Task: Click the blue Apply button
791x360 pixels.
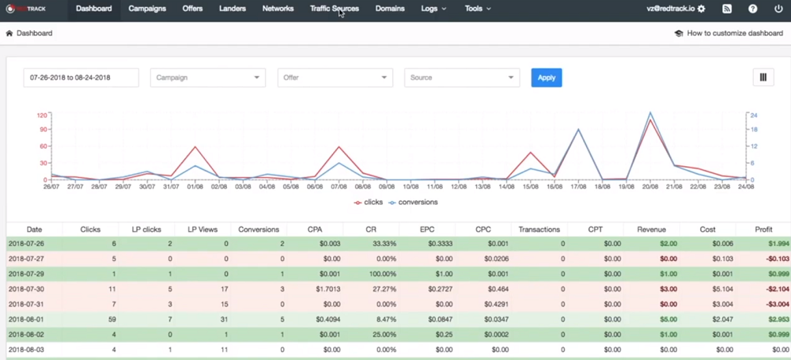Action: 547,78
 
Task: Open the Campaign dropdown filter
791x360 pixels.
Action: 207,78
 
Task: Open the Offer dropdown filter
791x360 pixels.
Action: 335,78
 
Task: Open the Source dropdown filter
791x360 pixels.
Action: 461,78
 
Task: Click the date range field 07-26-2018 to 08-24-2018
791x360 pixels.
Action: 81,78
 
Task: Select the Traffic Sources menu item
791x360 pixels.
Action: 334,9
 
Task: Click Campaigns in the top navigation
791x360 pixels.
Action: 147,9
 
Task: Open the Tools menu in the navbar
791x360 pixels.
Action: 478,9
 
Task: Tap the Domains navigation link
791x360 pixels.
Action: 390,9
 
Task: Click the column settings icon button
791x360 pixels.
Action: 763,78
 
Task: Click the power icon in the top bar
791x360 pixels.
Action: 778,9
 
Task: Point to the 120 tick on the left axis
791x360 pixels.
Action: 42,115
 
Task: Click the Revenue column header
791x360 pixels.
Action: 651,229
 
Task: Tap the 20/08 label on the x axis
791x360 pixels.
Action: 649,187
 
